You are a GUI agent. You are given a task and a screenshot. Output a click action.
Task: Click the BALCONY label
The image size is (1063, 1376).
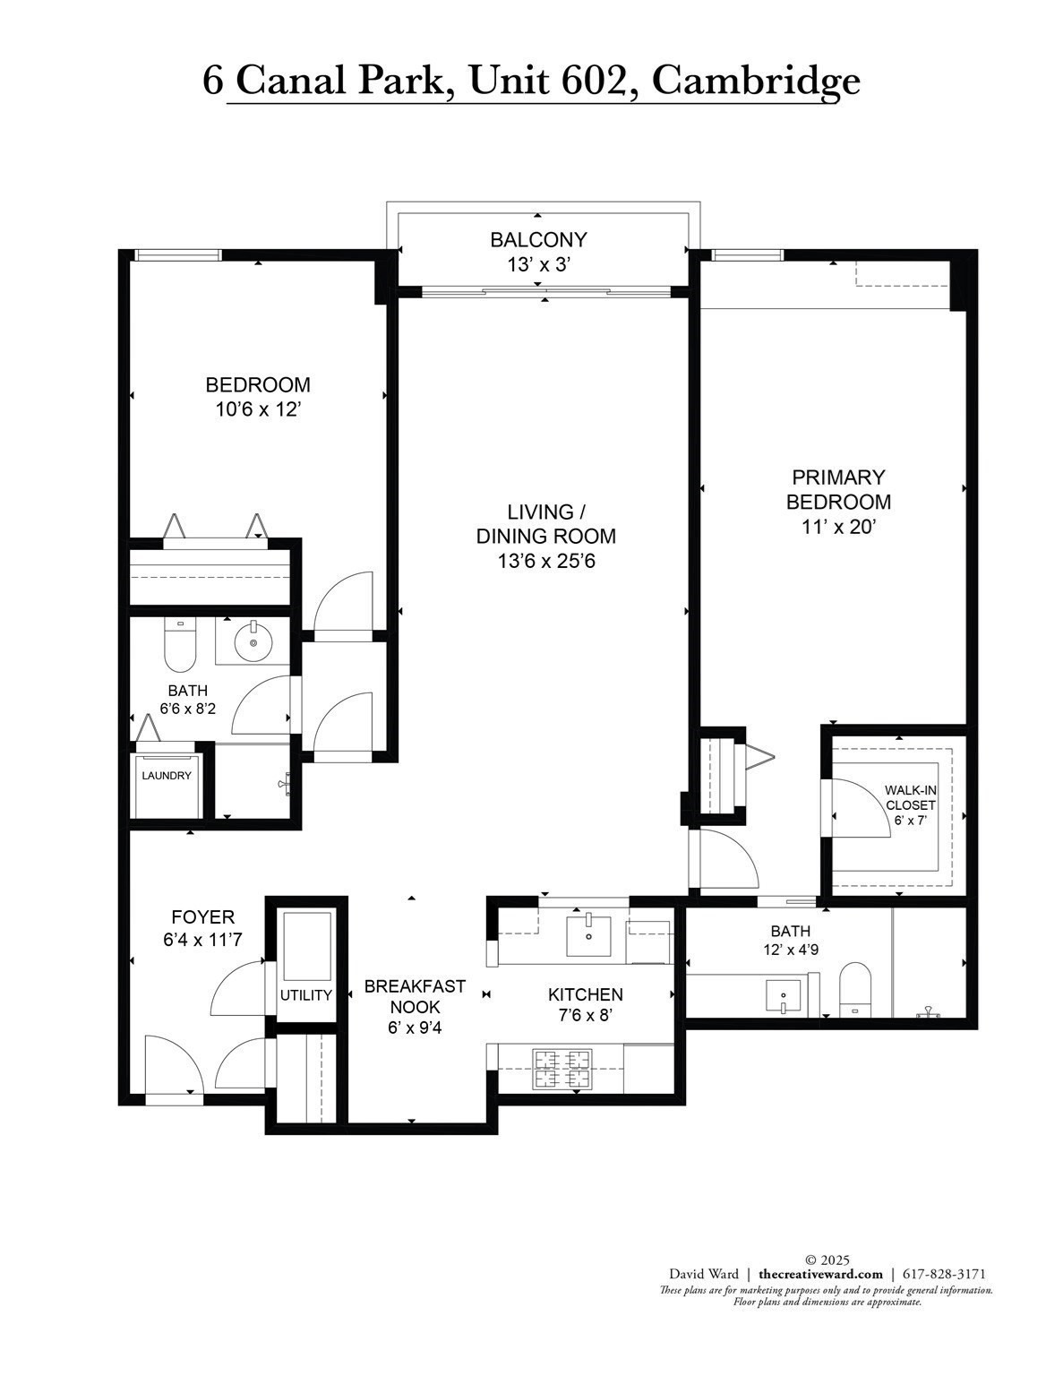point(538,239)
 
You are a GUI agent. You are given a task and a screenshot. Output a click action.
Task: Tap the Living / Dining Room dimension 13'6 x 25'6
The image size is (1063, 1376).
point(546,561)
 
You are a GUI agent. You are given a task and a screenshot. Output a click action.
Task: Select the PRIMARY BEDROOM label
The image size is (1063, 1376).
point(838,489)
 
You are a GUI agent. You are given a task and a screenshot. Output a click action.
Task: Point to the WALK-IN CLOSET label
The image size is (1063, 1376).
point(911,797)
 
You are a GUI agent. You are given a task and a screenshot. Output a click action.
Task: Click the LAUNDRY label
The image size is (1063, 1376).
point(167,776)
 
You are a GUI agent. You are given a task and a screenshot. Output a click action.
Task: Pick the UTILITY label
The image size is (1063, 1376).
point(306,994)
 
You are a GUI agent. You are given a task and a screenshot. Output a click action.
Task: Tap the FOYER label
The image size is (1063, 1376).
point(203,917)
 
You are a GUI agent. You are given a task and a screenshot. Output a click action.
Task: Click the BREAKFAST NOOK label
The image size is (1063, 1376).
point(415,996)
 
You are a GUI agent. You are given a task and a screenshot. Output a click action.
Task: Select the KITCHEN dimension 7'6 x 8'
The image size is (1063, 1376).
point(586,1016)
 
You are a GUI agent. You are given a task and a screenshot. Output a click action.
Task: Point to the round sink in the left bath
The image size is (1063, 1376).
point(253,643)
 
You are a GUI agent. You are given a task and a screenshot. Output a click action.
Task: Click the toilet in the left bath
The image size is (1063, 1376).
point(180,645)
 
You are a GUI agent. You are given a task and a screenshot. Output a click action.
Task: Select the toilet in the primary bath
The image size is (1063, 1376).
point(855,991)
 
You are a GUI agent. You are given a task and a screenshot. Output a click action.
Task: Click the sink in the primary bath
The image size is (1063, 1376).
point(784,995)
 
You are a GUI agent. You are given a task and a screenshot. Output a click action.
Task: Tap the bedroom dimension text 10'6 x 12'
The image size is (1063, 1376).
point(258,409)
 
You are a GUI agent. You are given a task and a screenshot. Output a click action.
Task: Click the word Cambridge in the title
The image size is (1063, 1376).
point(756,81)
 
